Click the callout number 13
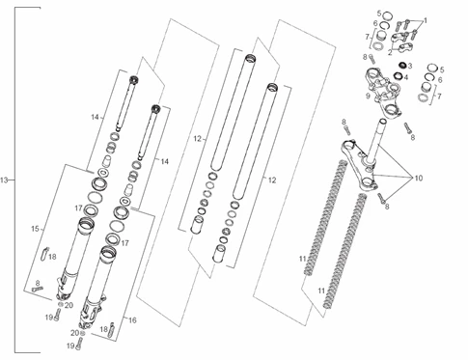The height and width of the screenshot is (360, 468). tap(4, 180)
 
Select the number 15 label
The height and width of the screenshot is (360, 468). tap(35, 229)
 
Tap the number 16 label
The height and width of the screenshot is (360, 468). tap(132, 320)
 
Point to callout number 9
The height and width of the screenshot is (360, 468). tap(368, 96)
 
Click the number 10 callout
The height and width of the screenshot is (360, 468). tap(419, 178)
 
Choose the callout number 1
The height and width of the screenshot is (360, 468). tap(426, 21)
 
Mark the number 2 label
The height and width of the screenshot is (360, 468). tap(390, 52)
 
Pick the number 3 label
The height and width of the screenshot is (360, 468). tap(410, 67)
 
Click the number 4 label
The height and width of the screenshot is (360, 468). tap(405, 77)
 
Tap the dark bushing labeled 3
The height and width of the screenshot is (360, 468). tap(401, 65)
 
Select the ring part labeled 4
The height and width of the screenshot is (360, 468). tap(399, 76)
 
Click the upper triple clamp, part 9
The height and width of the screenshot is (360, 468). tap(383, 94)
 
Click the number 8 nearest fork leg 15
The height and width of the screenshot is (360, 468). tap(38, 284)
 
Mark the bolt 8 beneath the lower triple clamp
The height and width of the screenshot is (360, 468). tap(381, 198)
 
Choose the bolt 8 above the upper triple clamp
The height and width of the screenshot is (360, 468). tap(372, 59)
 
